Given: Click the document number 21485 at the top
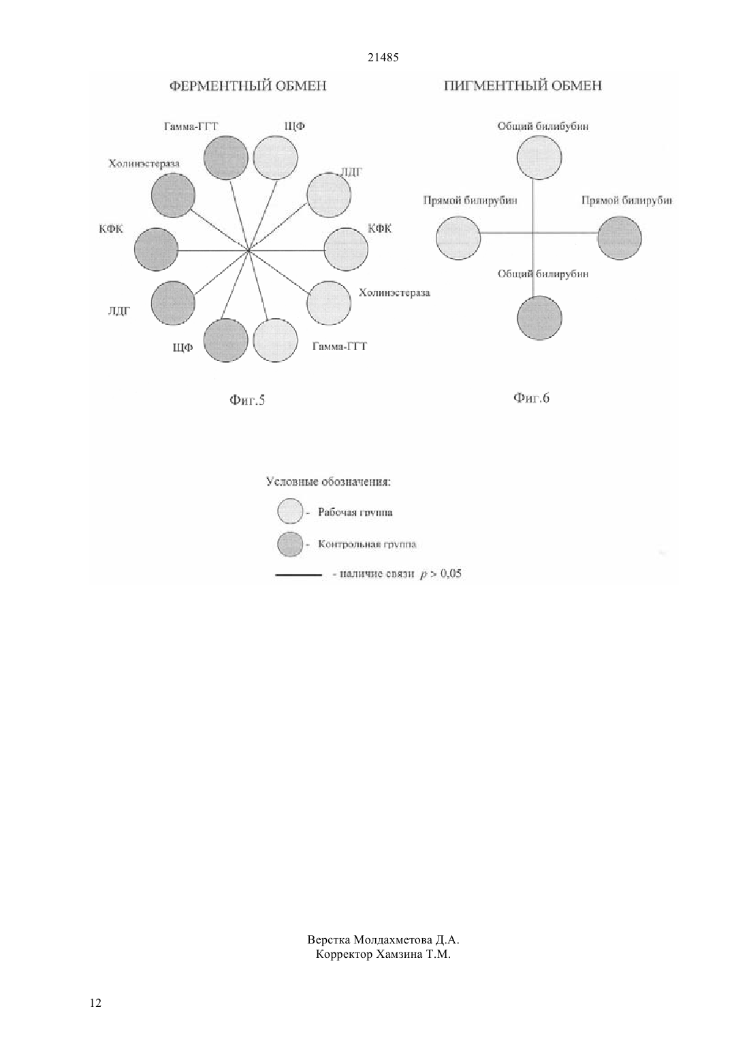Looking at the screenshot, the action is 383,58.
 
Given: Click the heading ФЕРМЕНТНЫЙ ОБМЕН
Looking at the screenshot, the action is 249,86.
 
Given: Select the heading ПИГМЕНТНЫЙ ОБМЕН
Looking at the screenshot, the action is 523,86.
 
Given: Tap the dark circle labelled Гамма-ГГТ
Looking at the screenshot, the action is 226,157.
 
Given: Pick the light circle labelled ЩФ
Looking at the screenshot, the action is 276,157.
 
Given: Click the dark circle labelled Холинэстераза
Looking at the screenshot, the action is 173,196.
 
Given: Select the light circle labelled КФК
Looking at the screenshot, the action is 346,249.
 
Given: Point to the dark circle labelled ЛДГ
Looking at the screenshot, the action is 173,303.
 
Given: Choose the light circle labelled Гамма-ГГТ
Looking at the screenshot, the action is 276,340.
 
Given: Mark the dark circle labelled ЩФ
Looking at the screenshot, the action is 226,340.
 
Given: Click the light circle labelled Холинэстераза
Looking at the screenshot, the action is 329,303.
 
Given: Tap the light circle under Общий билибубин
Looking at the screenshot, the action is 539,157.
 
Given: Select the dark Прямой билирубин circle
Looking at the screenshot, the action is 620,238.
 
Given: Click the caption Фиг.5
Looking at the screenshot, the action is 247,401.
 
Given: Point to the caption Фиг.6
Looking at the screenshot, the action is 532,398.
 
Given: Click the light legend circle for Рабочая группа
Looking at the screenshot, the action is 290,511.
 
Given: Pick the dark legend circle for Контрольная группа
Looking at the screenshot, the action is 290,544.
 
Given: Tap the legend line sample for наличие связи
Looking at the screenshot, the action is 298,576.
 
